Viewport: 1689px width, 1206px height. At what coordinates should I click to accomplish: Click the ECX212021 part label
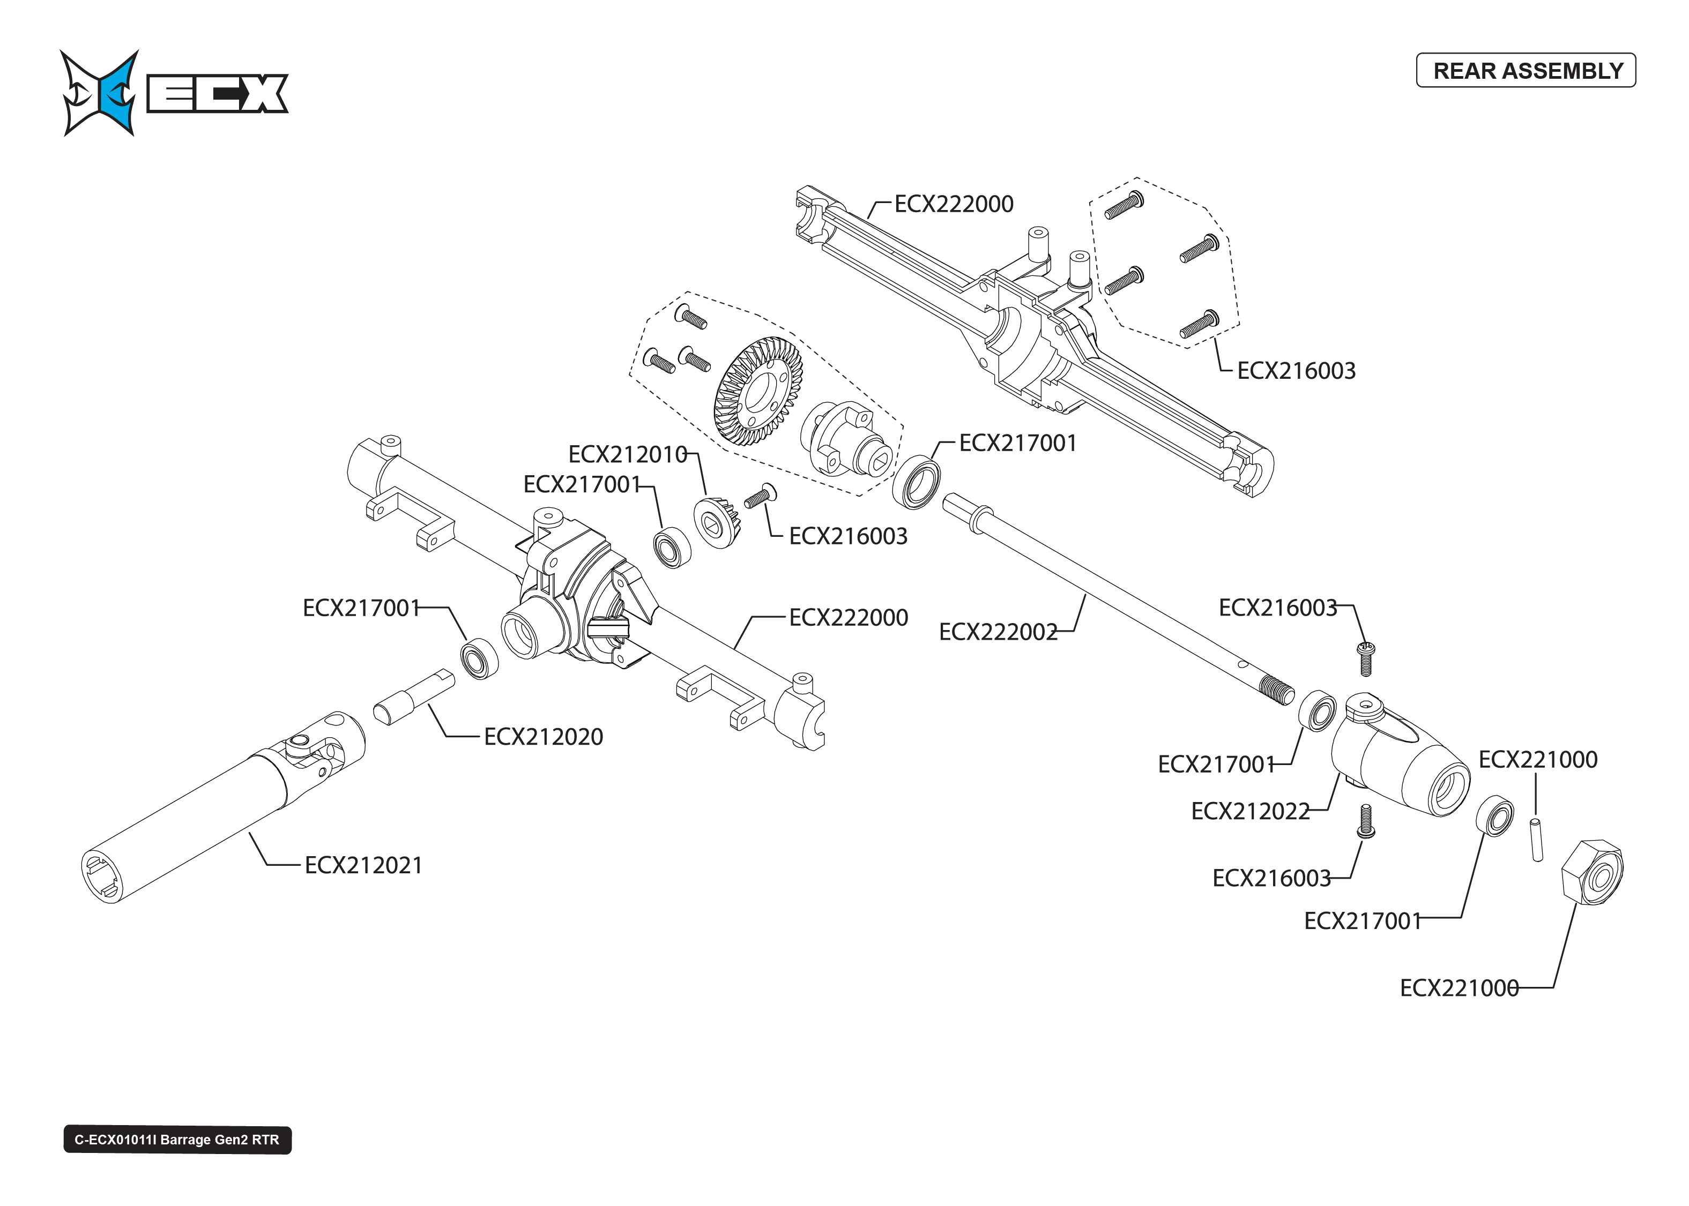(x=363, y=865)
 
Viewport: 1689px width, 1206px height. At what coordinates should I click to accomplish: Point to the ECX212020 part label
(x=543, y=737)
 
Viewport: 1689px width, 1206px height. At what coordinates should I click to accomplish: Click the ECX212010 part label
(x=628, y=454)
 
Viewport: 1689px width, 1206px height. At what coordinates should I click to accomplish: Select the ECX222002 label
(x=998, y=632)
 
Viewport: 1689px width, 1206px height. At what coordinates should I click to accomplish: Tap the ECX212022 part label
(x=1250, y=811)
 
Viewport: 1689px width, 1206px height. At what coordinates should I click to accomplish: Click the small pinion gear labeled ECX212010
(x=715, y=522)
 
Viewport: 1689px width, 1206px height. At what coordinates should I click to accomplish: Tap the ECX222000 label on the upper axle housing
(x=954, y=204)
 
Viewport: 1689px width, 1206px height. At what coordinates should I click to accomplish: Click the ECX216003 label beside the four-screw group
(x=1296, y=371)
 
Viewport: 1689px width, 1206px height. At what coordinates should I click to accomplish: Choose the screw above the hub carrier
(x=1364, y=658)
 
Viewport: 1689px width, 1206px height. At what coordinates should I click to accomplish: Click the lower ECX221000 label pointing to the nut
(x=1459, y=987)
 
